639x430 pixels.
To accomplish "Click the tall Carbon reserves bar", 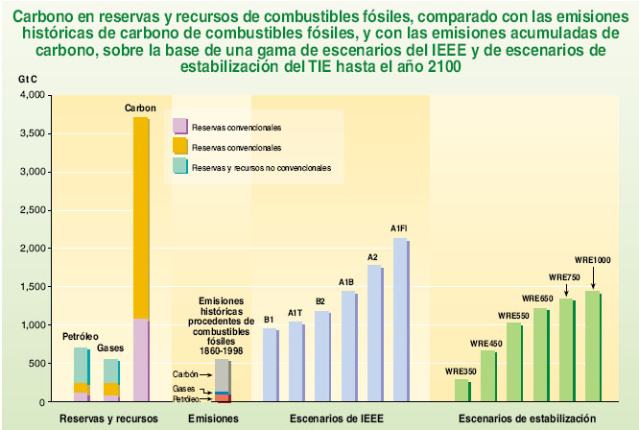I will point(140,259).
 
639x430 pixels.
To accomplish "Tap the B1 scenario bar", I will point(270,365).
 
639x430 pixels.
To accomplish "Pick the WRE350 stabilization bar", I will point(461,390).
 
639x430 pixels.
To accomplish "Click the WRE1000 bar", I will point(592,346).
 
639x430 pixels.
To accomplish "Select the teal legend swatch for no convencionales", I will point(179,166).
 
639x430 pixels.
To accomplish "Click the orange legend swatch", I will point(179,146).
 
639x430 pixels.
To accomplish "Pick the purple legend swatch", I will point(179,126).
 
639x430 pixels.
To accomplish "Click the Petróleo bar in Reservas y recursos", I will point(81,374).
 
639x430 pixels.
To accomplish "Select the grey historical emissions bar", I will point(222,375).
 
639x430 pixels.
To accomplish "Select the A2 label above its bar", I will point(373,256).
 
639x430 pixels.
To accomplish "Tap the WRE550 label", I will point(513,316).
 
